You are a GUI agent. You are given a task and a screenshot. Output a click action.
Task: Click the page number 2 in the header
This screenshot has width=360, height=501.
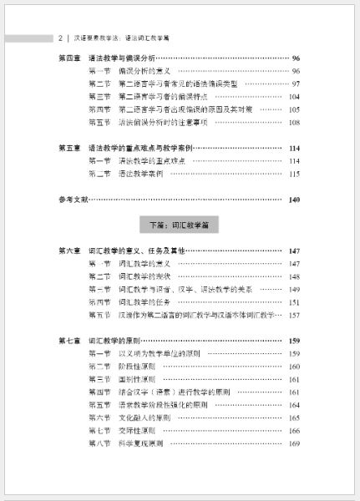[x=62, y=38]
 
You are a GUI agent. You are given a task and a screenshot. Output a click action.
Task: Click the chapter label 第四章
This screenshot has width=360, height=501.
[x=70, y=58]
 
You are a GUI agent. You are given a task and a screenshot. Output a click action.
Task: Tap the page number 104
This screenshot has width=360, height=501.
[x=293, y=97]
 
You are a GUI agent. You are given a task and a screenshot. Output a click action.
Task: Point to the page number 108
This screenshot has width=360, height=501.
[x=293, y=123]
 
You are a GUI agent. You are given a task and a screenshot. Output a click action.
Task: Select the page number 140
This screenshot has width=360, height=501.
[x=292, y=200]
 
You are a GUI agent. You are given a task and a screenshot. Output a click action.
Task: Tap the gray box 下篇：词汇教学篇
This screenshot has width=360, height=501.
[x=180, y=225]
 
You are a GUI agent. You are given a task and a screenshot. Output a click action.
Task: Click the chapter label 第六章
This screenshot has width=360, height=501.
[x=70, y=250]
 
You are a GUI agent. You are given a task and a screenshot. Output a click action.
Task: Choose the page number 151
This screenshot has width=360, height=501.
[x=293, y=302]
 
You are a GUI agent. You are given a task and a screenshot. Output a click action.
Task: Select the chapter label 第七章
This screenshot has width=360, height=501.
[x=70, y=341]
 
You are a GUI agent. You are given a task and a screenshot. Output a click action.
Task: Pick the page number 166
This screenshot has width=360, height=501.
[x=293, y=430]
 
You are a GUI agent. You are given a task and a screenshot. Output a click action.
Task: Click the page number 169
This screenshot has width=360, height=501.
[x=293, y=443]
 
